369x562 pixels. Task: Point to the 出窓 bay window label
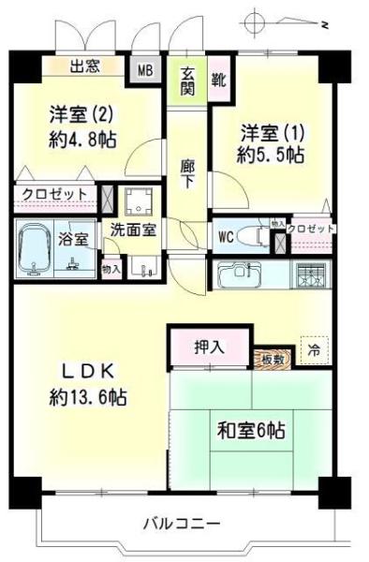85,67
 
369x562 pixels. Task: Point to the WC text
225,235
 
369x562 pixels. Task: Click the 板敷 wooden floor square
272,359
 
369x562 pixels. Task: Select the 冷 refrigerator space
312,349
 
